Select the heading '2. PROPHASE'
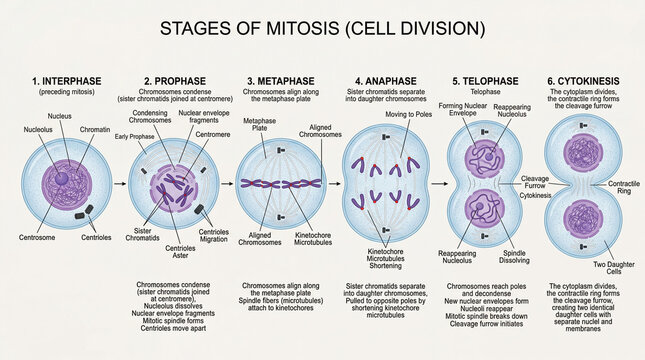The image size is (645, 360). click(x=173, y=80)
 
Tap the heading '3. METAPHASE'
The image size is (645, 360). click(x=280, y=80)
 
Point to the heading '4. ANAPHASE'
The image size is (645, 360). click(x=386, y=80)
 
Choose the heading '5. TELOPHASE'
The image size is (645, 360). click(x=485, y=80)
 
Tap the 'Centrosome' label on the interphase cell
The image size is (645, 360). click(x=36, y=238)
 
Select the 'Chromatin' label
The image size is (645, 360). click(x=96, y=128)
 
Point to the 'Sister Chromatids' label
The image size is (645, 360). click(x=148, y=236)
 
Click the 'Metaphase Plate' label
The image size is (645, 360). click(x=259, y=125)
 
